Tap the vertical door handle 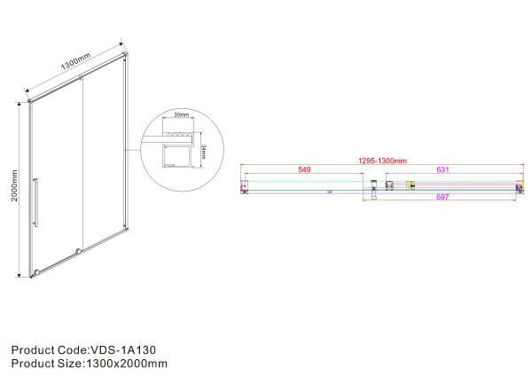pyautogui.click(x=36, y=202)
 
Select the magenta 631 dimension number pyautogui.click(x=442, y=168)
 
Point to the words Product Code pyautogui.click(x=44, y=349)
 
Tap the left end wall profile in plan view pyautogui.click(x=246, y=186)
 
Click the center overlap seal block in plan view pyautogui.click(x=375, y=185)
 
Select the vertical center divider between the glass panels pyautogui.click(x=82, y=168)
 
